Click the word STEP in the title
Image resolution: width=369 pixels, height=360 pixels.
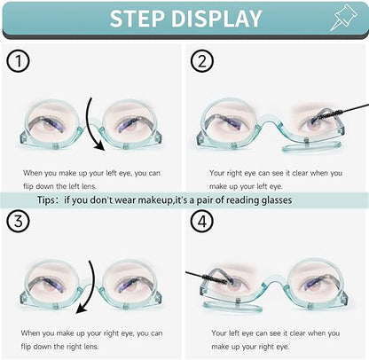[137, 19]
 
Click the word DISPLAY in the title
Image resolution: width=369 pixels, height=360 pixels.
[216, 19]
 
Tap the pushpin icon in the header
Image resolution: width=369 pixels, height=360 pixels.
[343, 18]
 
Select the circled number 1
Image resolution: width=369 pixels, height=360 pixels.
[19, 61]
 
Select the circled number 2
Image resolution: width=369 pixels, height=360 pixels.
[202, 61]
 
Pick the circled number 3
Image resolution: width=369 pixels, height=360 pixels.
[19, 221]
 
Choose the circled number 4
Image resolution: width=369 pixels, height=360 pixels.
[202, 221]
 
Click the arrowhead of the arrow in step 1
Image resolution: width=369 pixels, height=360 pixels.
[99, 145]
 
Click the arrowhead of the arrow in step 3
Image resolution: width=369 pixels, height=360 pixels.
[81, 309]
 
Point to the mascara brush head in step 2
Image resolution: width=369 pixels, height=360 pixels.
[332, 113]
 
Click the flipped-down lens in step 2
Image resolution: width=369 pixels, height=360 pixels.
[311, 146]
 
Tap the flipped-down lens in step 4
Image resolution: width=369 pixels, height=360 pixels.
[232, 307]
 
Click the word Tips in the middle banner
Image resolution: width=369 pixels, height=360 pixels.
[46, 200]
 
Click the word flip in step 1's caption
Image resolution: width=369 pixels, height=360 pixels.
[28, 186]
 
